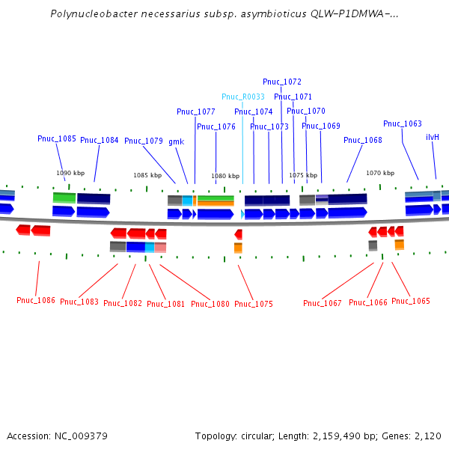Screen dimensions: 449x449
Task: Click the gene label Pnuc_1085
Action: pyautogui.click(x=57, y=138)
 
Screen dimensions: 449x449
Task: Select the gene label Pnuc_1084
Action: pyautogui.click(x=100, y=140)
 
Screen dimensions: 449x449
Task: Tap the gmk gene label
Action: pyautogui.click(x=176, y=141)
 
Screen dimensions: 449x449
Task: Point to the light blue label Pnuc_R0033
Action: pyautogui.click(x=242, y=97)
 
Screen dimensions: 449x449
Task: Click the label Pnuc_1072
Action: pyautogui.click(x=282, y=82)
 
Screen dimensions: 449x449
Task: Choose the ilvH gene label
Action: pyautogui.click(x=433, y=137)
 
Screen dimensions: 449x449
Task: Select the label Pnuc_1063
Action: pyautogui.click(x=403, y=123)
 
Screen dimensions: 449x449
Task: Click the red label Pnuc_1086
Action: pyautogui.click(x=36, y=300)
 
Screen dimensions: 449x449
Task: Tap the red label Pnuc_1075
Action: pyautogui.click(x=254, y=304)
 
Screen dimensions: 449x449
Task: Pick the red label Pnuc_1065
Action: pyautogui.click(x=411, y=301)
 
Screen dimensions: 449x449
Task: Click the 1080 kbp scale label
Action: pyautogui.click(x=225, y=177)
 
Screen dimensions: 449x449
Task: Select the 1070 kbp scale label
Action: pyautogui.click(x=380, y=173)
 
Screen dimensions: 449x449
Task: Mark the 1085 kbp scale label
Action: pyautogui.click(x=147, y=175)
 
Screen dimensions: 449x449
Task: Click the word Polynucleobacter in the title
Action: pyautogui.click(x=88, y=14)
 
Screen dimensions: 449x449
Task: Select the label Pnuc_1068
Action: pyautogui.click(x=363, y=140)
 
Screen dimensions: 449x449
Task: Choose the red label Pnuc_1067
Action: pyautogui.click(x=323, y=303)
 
